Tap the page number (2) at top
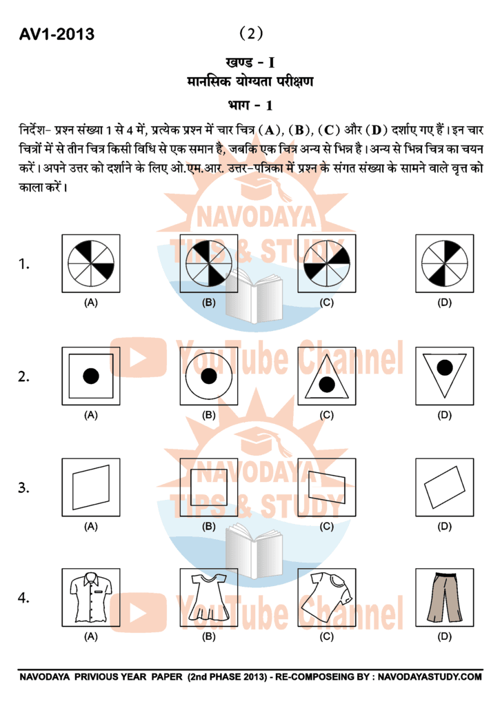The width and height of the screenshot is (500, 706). [x=250, y=33]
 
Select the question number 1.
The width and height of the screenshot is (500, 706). [x=24, y=264]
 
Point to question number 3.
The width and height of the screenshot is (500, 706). [x=24, y=487]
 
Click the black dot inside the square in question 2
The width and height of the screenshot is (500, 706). [x=91, y=376]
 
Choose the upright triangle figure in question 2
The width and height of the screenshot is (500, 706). [x=327, y=379]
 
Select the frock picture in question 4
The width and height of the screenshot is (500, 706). [x=209, y=597]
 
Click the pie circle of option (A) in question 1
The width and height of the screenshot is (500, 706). [x=91, y=263]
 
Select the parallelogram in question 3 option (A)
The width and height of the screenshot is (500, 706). [x=91, y=487]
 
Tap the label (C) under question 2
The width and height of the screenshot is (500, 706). [x=327, y=415]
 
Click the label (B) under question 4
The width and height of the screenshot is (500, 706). [x=209, y=636]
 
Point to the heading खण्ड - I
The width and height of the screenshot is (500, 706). [x=250, y=63]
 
